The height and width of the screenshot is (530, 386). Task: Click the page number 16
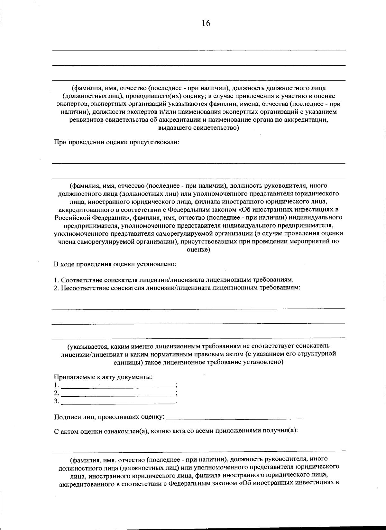[x=206, y=23]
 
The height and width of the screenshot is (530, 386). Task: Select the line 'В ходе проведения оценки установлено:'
[x=115, y=264]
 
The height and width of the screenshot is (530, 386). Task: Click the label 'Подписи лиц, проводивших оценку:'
[x=109, y=417]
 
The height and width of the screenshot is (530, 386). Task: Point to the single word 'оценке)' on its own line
[x=198, y=250]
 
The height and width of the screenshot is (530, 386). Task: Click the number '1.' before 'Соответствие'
[x=56, y=279]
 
